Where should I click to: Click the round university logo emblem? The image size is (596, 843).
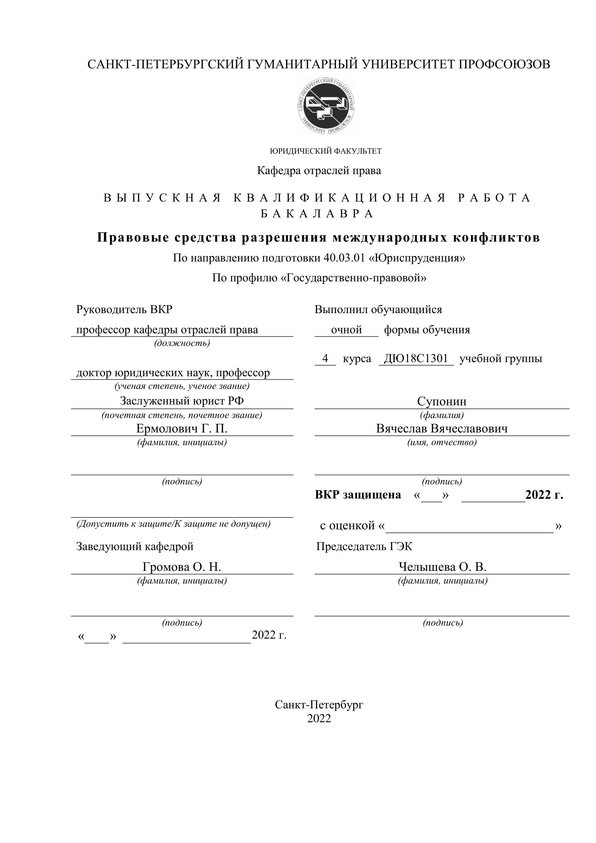[x=326, y=106]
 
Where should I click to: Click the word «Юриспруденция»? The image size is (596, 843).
[x=417, y=258]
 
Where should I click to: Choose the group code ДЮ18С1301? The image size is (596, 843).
[x=416, y=358]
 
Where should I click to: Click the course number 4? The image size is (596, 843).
[x=325, y=358]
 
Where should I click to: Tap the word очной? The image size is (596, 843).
[x=346, y=330]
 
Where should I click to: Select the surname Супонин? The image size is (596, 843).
[x=442, y=401]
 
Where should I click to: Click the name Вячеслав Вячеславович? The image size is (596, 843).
[x=442, y=428]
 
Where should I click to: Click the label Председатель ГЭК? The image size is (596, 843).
[x=364, y=546]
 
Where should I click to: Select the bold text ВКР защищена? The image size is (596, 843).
[x=358, y=495]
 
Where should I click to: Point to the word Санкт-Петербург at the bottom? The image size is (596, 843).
[x=319, y=704]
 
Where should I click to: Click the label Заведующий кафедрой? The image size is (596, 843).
[x=135, y=546]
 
